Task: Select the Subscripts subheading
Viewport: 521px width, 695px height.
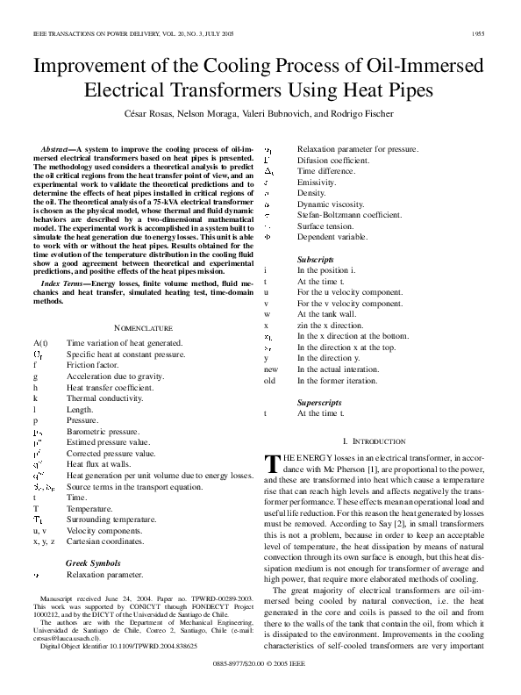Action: (315, 261)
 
